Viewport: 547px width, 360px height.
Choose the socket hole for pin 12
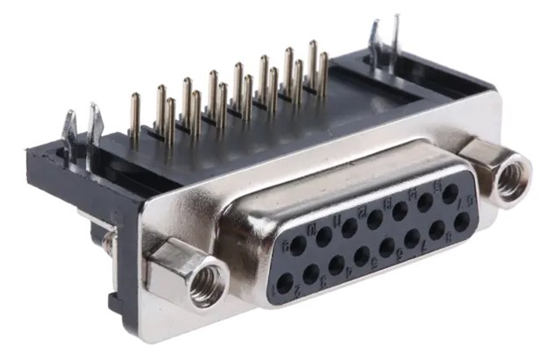tap(374, 219)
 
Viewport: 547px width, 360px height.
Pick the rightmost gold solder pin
tap(323, 74)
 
